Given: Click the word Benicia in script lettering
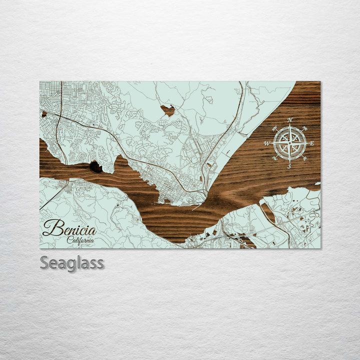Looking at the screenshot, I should (x=69, y=228).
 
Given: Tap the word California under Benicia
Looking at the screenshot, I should (x=81, y=240).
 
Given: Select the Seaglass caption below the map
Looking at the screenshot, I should (x=72, y=263).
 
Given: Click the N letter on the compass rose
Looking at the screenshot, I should (x=290, y=120).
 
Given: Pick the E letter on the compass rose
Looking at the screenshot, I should (x=312, y=143).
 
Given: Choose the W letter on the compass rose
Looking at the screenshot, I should (x=267, y=143).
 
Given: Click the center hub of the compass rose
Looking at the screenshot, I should (x=290, y=143).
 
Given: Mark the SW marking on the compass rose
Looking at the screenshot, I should (x=274, y=159).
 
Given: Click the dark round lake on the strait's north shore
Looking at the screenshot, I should (x=95, y=167).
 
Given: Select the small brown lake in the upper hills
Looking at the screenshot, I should (x=167, y=110).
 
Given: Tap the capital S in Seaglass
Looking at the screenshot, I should (x=44, y=263).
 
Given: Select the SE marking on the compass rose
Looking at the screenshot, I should (x=305, y=159).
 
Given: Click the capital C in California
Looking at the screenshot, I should (x=70, y=240).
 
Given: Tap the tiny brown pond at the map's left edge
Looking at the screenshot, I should (x=44, y=114).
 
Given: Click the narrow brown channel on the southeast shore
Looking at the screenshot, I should (x=268, y=212).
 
